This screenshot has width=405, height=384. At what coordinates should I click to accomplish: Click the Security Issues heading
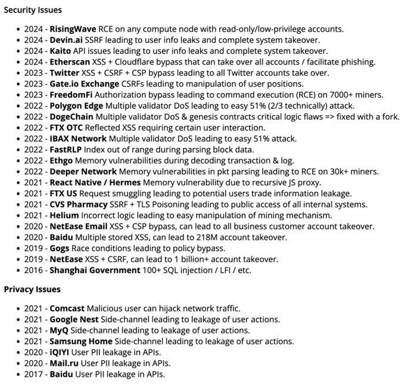33,10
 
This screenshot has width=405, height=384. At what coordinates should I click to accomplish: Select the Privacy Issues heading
32,289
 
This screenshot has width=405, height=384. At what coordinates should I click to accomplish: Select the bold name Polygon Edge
77,106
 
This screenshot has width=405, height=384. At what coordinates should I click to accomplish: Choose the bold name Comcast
67,308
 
